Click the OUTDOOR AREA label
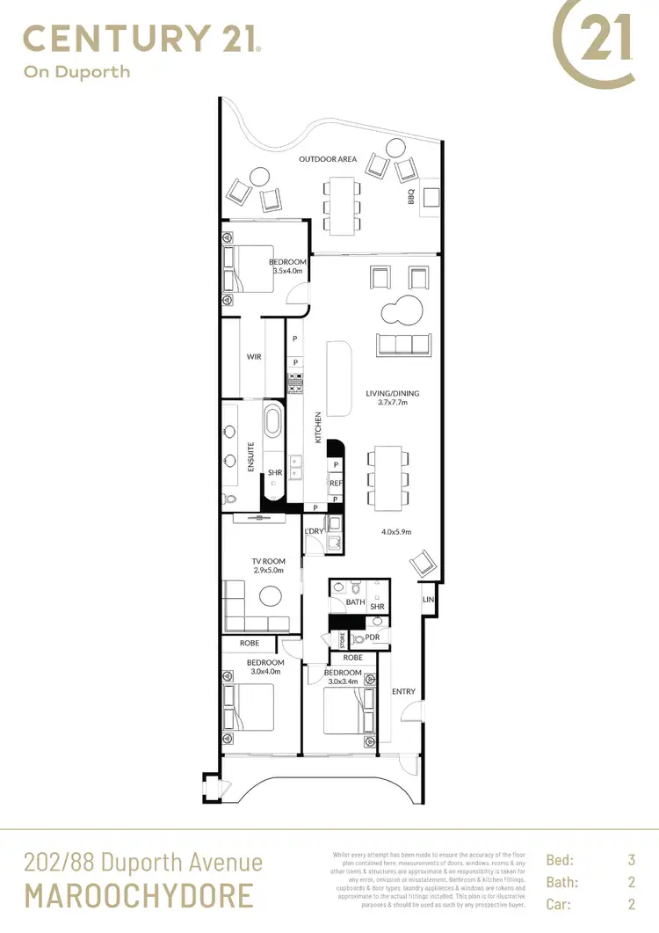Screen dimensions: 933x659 (x=328, y=159)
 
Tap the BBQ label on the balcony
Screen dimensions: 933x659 (x=410, y=197)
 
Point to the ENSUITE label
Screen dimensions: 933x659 (x=250, y=457)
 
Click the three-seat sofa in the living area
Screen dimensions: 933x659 (x=402, y=344)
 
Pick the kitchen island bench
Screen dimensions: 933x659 (x=337, y=379)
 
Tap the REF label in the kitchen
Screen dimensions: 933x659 (x=336, y=483)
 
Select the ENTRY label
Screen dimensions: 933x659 (x=404, y=691)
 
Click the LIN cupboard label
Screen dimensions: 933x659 (x=428, y=600)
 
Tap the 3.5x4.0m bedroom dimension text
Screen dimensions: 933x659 (x=286, y=272)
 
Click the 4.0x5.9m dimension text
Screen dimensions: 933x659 (x=396, y=532)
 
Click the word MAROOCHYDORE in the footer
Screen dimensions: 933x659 (x=139, y=895)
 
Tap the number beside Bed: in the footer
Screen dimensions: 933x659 (x=631, y=860)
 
